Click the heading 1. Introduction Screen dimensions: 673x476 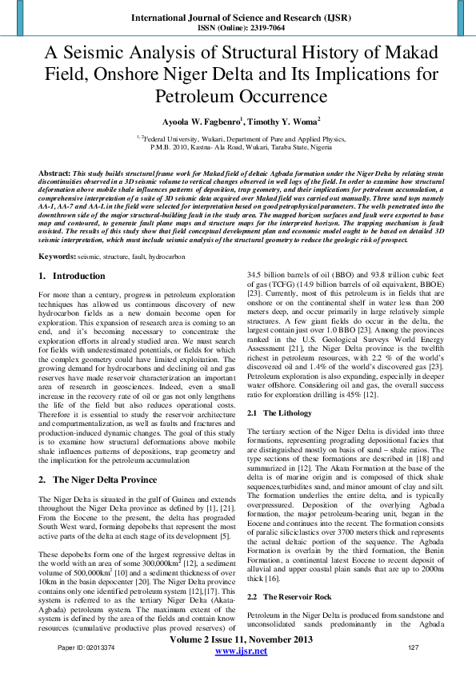(x=73, y=276)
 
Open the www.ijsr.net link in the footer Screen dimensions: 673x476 (x=241, y=651)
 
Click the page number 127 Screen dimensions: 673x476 (x=414, y=647)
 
